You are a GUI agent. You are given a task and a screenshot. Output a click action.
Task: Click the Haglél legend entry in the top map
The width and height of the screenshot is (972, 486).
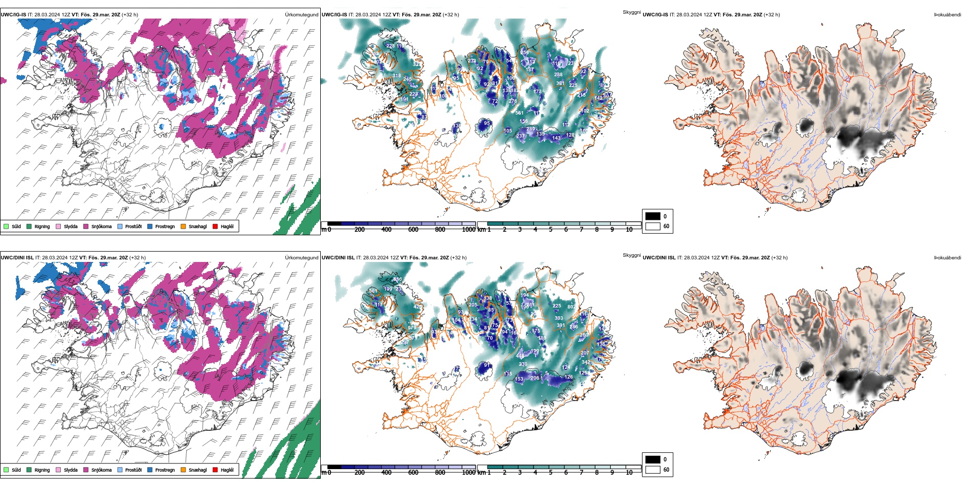(x=227, y=226)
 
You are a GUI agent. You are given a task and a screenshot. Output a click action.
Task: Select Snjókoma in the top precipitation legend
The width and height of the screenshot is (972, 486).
(x=101, y=226)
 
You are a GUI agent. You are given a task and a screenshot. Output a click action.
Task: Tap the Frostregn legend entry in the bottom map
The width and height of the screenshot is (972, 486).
(x=165, y=470)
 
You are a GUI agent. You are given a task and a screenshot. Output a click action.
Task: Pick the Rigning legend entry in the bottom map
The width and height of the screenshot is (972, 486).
(x=42, y=470)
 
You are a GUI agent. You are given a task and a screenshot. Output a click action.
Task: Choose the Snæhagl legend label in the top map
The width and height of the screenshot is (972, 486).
(x=197, y=226)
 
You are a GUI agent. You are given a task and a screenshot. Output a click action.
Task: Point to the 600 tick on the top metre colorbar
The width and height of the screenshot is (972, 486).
(x=413, y=230)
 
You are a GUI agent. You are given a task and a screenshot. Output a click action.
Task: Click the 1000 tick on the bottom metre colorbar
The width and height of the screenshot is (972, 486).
(x=469, y=473)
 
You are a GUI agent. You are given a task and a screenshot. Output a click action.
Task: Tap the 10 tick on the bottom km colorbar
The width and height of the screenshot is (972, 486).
(x=629, y=473)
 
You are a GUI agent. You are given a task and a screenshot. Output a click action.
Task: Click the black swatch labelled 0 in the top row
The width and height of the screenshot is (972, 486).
(x=653, y=216)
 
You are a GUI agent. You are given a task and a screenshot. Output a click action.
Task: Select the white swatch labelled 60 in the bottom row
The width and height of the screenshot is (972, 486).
(x=653, y=470)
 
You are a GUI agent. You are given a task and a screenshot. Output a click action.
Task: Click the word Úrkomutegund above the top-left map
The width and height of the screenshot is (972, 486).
(x=301, y=14)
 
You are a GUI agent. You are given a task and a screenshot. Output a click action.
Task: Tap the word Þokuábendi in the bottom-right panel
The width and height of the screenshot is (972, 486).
(x=947, y=258)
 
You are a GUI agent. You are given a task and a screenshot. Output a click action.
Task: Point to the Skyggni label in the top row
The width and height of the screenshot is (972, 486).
(x=631, y=12)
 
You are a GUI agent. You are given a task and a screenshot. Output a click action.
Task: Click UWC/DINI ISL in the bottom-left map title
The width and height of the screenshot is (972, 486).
(x=17, y=258)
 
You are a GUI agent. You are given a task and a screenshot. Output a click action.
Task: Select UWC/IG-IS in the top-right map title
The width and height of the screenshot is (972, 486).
(x=655, y=15)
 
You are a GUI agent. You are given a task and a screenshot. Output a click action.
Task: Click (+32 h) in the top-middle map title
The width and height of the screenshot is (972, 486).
(x=451, y=15)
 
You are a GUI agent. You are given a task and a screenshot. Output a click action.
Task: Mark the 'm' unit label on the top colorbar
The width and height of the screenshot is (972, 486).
(x=323, y=230)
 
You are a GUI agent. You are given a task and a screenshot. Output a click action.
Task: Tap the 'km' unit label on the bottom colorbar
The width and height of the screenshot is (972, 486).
(x=481, y=473)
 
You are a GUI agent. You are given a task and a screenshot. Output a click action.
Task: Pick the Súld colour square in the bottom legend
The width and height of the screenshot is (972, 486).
(x=6, y=470)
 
